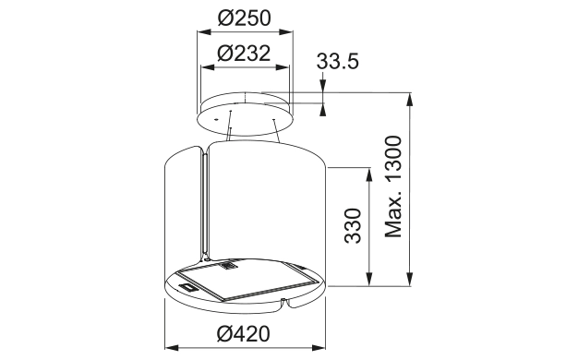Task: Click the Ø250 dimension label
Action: pyautogui.click(x=245, y=18)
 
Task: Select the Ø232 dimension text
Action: pyautogui.click(x=245, y=54)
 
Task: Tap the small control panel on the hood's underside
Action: pyautogui.click(x=189, y=289)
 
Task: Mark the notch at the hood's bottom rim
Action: pyautogui.click(x=288, y=304)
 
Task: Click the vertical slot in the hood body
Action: pyautogui.click(x=200, y=203)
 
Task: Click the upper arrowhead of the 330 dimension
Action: pyautogui.click(x=370, y=174)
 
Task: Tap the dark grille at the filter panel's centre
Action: pyautogui.click(x=227, y=270)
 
